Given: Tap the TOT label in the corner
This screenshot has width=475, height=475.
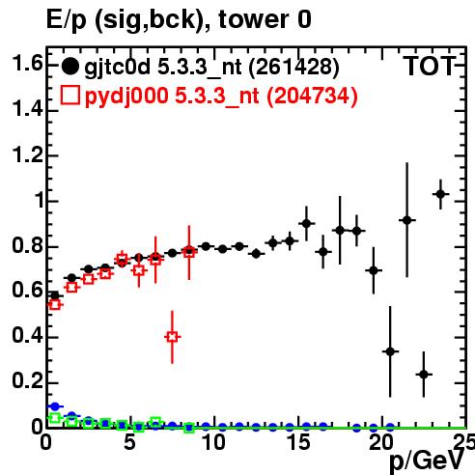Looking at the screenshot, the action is pos(430,66).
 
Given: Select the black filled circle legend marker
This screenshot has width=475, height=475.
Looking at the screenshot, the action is pos(70,67).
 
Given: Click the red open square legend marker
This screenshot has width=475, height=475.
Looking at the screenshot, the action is pos(70,95).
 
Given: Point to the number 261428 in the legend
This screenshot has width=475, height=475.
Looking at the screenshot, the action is pos(293,68).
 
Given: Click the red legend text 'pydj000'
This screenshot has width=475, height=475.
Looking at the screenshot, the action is pos(126,97).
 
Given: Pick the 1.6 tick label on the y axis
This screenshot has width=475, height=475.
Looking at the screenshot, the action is pos(27,63).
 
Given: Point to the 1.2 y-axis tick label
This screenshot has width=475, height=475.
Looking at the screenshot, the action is pos(27,155).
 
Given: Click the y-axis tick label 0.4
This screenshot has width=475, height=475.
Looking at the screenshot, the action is pos(27,336).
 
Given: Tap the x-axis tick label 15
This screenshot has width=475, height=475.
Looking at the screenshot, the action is pos(299,442).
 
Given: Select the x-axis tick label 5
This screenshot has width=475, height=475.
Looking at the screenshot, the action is pos(129,442).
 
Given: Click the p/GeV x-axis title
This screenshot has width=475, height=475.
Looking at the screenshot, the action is pos(427,461).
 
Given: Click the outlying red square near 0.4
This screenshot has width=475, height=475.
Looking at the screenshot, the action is pos(173,337).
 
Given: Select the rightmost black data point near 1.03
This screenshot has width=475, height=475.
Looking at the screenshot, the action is pos(440,194).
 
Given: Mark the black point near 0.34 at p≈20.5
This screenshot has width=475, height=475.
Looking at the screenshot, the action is pos(390,351).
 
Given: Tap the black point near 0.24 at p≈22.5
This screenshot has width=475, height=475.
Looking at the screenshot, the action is pos(424,375).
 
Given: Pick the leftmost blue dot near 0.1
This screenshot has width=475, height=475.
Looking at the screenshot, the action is pos(55,406).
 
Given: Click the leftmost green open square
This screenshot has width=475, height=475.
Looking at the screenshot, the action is pos(55,418).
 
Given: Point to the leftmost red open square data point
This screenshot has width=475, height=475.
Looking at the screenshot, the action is pos(55,304).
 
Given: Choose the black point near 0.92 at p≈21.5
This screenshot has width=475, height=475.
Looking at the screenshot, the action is pos(407,220).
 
